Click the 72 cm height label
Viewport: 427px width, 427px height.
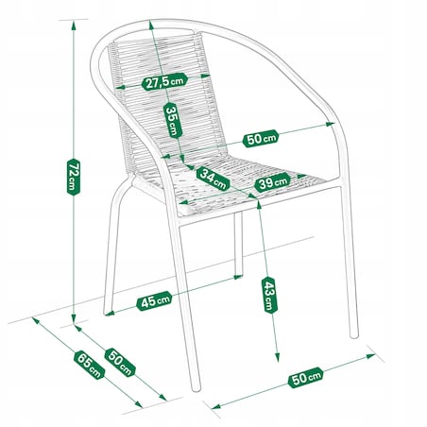74,177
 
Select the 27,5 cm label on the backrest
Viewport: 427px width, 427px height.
164,82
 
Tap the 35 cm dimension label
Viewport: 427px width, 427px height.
173,120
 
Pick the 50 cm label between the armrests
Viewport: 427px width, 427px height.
261,138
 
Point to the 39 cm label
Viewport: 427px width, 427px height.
273,182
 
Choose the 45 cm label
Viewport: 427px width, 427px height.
154,301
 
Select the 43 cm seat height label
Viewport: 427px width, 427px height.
269,296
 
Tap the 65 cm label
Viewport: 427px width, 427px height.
90,365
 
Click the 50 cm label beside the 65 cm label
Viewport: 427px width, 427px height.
120,363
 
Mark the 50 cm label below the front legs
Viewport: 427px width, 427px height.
305,377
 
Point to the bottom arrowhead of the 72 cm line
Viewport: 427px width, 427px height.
74,318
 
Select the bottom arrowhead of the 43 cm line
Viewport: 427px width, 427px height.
277,357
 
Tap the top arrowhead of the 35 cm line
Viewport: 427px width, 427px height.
151,26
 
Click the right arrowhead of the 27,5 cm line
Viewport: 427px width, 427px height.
205,76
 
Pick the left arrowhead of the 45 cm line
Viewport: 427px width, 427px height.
110,313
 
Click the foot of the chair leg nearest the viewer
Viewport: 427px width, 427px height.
196,388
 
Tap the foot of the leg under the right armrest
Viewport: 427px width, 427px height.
354,335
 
